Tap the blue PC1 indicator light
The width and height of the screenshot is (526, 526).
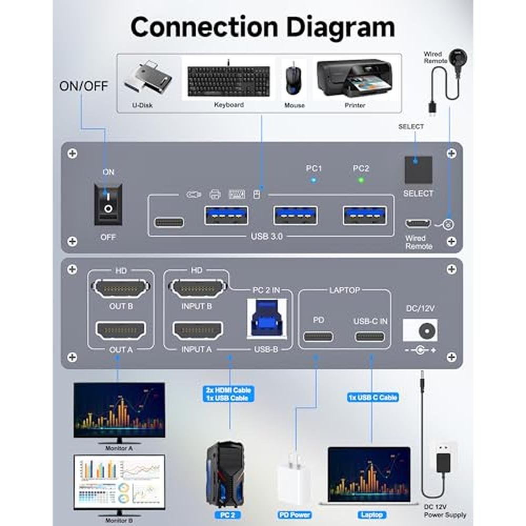[313, 180]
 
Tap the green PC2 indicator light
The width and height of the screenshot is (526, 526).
[360, 180]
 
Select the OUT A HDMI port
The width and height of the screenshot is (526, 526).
[120, 331]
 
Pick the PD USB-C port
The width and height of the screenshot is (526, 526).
[318, 336]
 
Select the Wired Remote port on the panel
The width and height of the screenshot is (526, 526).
[418, 223]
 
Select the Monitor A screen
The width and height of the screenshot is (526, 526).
[119, 410]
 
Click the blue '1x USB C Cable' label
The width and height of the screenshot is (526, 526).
[372, 397]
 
